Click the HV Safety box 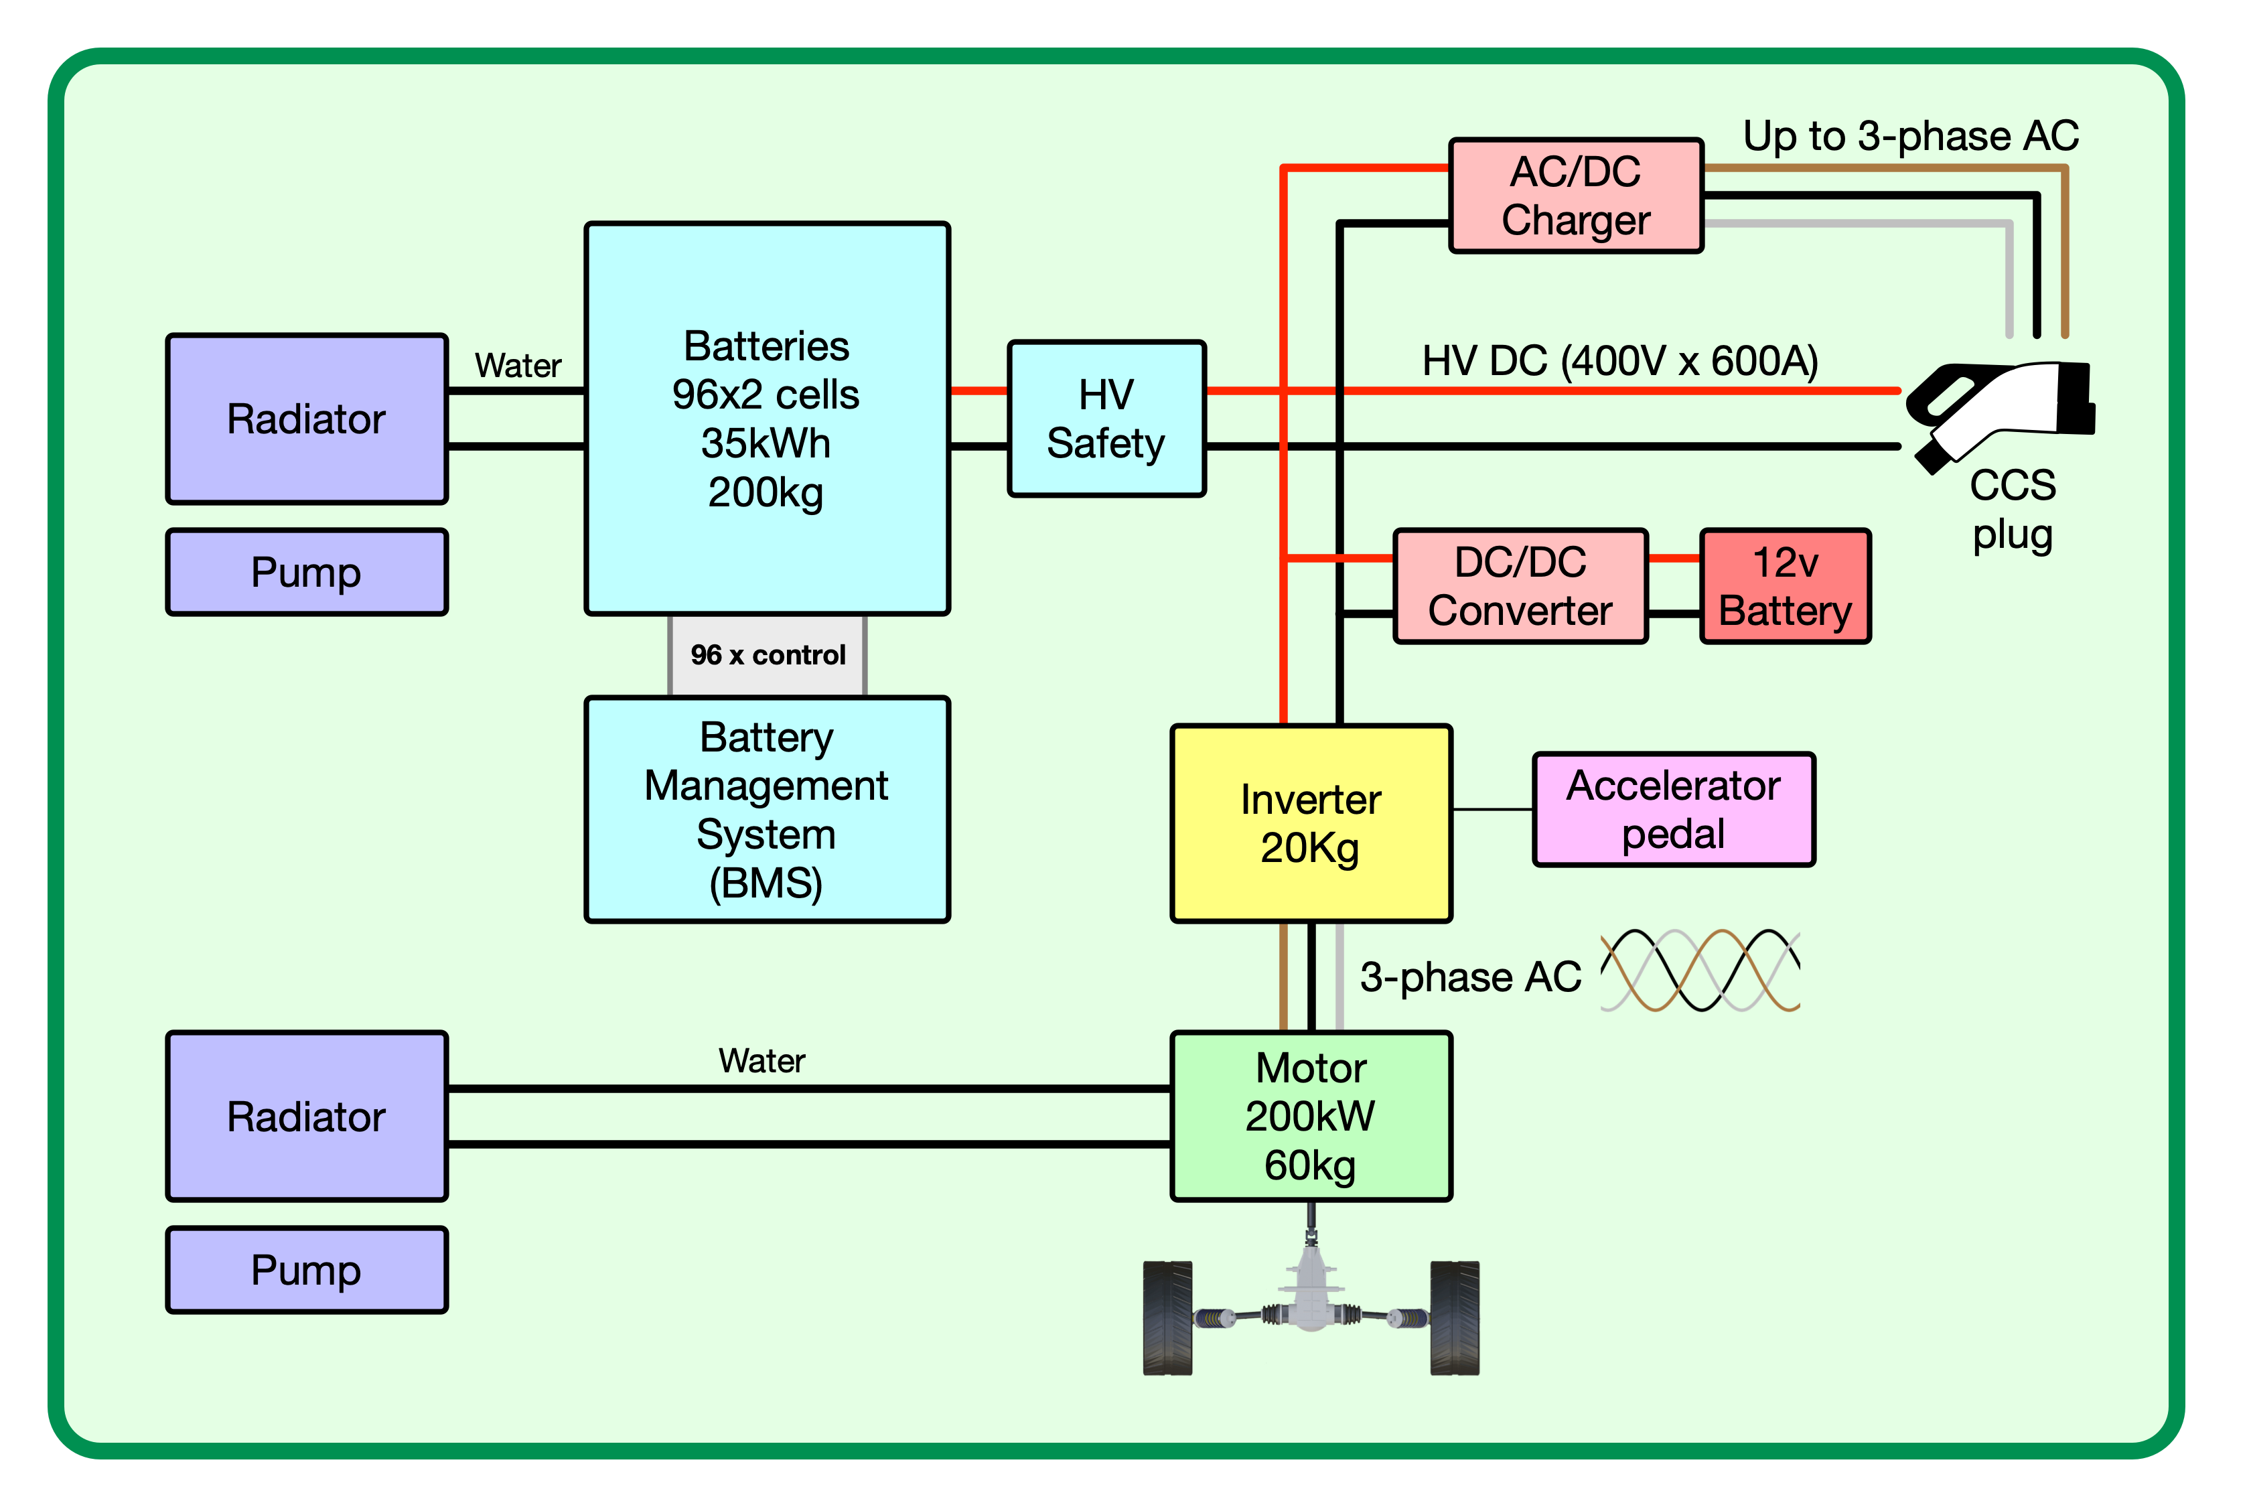click(1106, 419)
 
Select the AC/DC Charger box click(1575, 196)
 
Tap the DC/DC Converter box click(1520, 586)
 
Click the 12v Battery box click(1785, 586)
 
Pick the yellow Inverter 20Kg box click(1311, 823)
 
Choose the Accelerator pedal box click(1673, 810)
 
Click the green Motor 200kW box click(1311, 1116)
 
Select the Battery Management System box click(767, 810)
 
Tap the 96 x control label click(768, 655)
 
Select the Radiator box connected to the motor click(306, 1116)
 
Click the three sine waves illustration click(1700, 971)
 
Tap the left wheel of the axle click(1167, 1318)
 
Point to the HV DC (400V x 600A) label click(1619, 362)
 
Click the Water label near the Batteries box click(518, 366)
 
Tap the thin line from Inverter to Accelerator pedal click(1493, 810)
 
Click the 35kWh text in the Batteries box click(766, 444)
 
